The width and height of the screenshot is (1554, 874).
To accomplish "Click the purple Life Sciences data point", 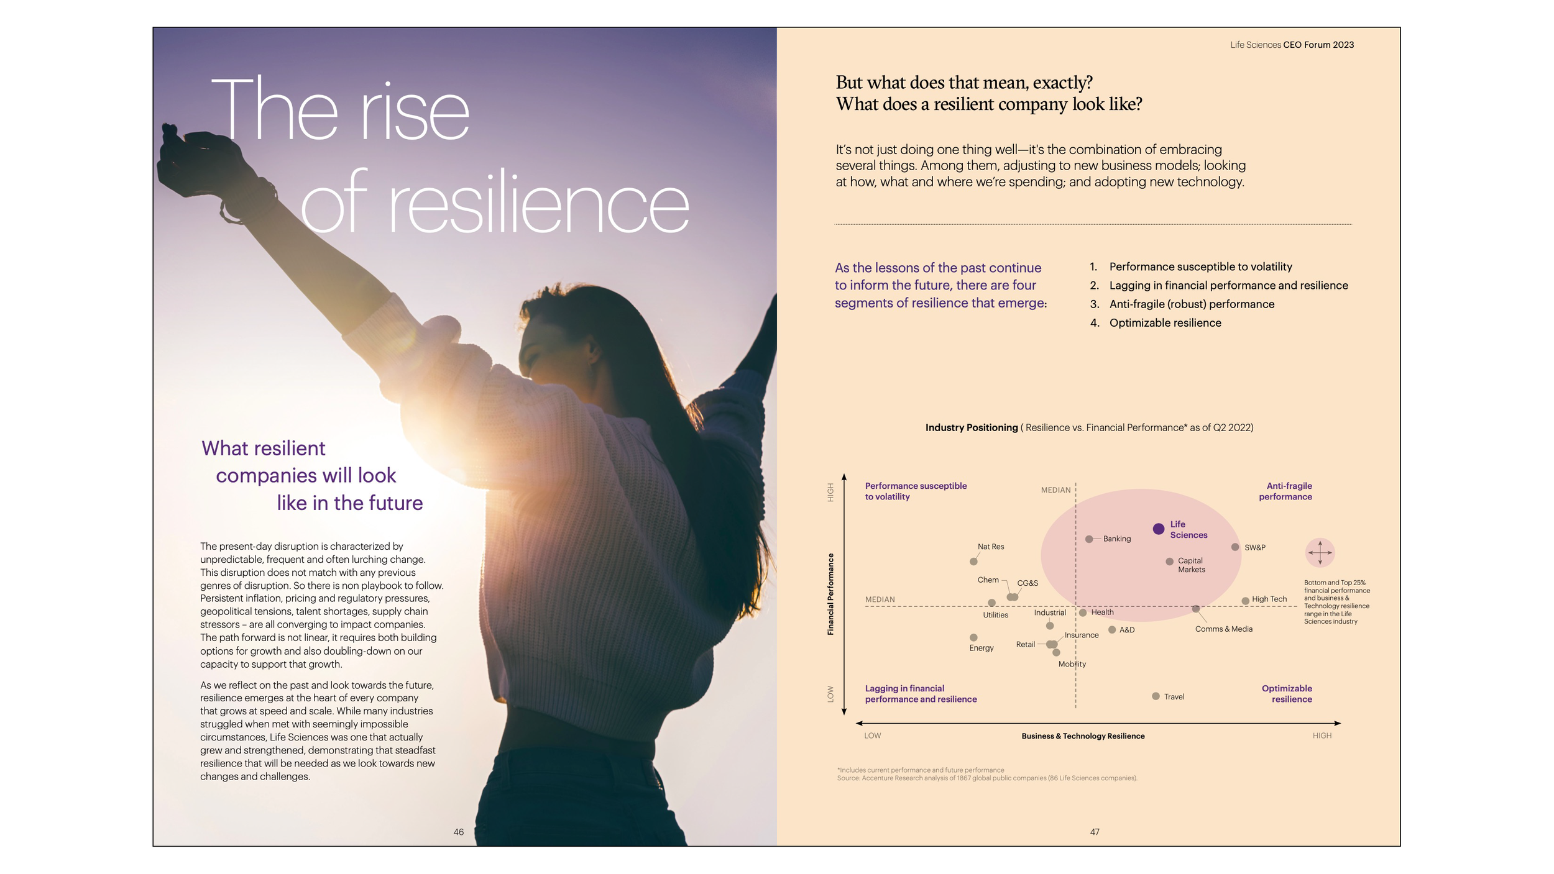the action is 1158,529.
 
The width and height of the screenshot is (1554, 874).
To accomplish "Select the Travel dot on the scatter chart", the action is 1156,696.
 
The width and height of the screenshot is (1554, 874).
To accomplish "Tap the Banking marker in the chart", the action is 1089,539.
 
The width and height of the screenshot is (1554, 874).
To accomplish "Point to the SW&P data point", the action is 1235,547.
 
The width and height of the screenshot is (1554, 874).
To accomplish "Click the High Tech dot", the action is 1245,601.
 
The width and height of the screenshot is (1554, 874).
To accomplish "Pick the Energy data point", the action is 973,637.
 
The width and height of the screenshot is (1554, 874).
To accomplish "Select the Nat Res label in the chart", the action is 991,547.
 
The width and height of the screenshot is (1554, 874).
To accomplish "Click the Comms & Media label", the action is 1223,629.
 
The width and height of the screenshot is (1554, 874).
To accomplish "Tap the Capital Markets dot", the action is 1169,562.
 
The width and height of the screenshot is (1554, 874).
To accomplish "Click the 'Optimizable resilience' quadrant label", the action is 1287,693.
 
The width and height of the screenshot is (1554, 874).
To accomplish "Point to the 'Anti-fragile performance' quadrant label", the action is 1285,491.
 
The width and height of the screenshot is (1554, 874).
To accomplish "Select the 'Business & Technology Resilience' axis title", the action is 1083,736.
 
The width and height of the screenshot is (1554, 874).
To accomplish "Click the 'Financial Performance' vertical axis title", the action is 830,594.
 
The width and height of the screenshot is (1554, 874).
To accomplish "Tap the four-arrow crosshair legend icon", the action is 1320,552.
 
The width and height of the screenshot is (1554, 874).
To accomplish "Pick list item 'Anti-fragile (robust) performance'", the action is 1191,304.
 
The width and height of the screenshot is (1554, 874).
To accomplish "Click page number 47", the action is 1095,832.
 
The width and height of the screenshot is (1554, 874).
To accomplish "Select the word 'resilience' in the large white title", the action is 538,204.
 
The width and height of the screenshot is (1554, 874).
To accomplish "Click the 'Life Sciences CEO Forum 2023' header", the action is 1292,45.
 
